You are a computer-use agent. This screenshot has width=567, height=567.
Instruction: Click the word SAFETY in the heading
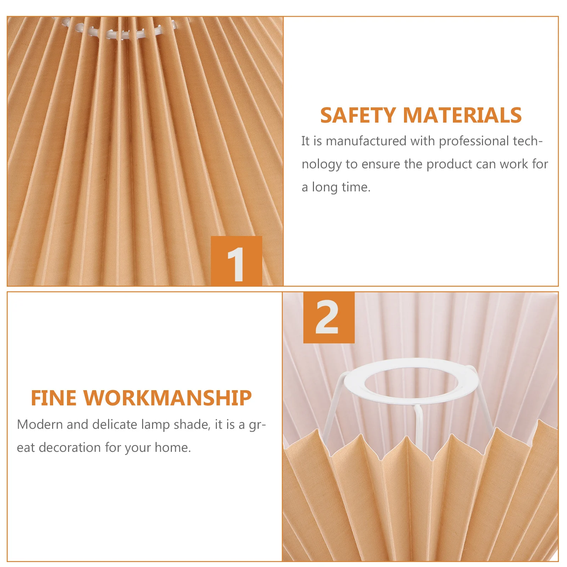pos(358,116)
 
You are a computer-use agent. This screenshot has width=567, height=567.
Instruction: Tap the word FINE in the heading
pos(53,398)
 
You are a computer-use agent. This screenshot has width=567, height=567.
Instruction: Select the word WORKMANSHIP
pos(167,398)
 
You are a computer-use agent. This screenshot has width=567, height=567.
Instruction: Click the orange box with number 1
pos(236,261)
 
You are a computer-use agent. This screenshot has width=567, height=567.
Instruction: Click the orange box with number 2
pos(329,318)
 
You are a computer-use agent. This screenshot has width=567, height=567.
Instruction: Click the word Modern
pos(40,425)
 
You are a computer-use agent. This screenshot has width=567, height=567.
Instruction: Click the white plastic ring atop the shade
pos(120,34)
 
